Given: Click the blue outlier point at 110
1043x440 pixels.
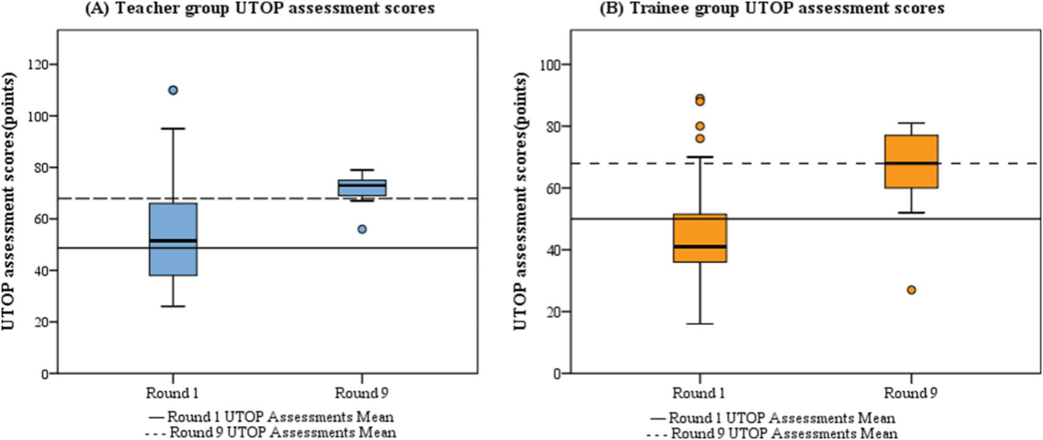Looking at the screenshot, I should click(x=173, y=90).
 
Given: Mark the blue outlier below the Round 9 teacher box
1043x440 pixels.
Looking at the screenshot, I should click(x=362, y=229).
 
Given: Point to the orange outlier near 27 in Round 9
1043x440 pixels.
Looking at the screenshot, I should click(x=911, y=290).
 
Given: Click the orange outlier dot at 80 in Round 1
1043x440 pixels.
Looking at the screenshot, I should click(x=699, y=126).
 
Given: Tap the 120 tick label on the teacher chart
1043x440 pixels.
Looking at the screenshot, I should click(x=38, y=64).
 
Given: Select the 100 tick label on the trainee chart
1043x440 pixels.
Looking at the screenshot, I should click(x=550, y=64).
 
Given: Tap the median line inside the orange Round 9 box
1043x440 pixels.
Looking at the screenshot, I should click(x=910, y=163).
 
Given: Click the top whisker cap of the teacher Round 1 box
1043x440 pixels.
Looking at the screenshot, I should click(x=173, y=129).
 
